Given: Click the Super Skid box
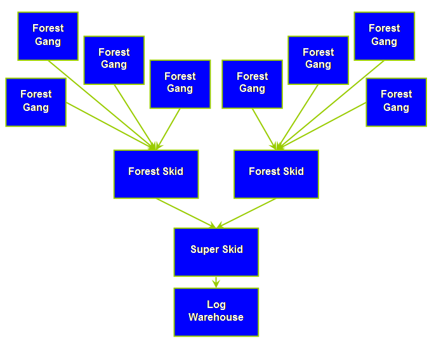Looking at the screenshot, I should (216, 252).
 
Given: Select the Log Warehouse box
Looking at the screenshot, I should (216, 312).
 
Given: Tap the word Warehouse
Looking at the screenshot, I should (216, 318).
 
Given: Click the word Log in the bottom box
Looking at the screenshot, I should (216, 305).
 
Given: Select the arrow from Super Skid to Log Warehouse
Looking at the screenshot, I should (216, 282).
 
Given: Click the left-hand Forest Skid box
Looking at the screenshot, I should (156, 174).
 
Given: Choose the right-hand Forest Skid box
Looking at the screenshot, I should (277, 174).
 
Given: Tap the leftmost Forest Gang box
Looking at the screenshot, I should (36, 102).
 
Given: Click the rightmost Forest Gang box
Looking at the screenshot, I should (396, 102).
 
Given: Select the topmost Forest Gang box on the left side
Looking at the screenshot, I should (48, 36).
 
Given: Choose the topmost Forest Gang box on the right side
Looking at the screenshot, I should (384, 36).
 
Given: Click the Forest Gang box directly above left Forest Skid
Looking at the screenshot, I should (180, 84).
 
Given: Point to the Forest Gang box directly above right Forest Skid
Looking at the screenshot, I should (253, 84).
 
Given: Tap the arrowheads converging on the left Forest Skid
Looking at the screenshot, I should (154, 146).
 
